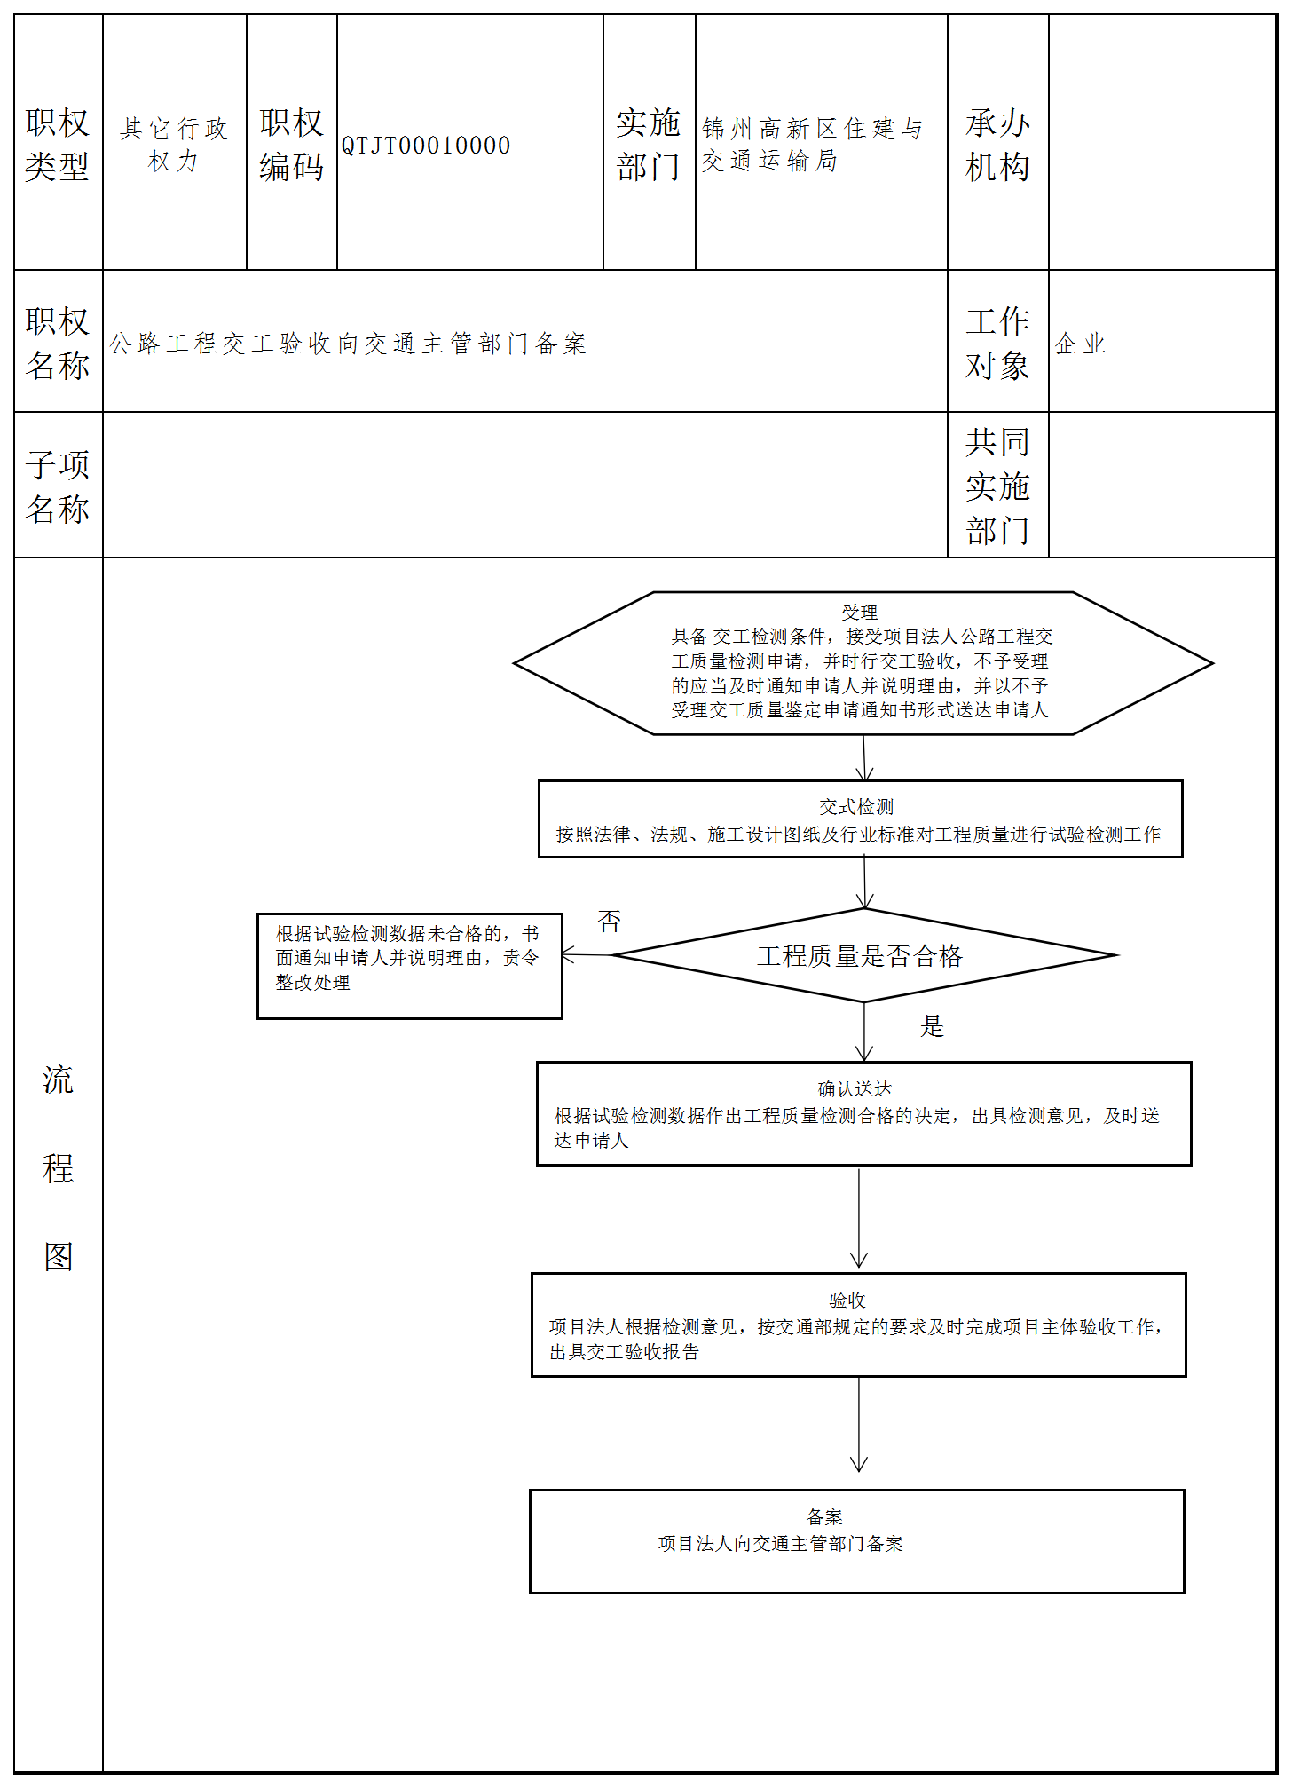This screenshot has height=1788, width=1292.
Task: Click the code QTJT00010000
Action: coord(426,146)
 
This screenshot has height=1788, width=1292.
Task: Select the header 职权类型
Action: coord(58,144)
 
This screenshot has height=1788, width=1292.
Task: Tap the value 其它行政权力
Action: coord(174,145)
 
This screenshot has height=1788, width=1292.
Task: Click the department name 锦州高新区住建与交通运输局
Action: coord(812,145)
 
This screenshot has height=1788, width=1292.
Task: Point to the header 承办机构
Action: coord(997,144)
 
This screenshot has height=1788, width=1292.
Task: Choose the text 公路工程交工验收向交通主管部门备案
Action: coord(348,344)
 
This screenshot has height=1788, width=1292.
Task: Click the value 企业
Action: coord(1080,344)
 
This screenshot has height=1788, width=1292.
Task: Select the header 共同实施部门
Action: coord(997,486)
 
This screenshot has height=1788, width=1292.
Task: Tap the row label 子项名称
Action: coord(58,487)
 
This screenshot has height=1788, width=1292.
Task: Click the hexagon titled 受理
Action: coord(862,663)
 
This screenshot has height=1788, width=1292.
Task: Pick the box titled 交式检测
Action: coord(860,819)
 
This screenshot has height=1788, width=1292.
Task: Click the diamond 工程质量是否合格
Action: coord(863,956)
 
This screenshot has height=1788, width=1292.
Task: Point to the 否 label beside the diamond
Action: coord(610,922)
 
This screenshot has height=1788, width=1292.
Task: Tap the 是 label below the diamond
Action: coord(932,1026)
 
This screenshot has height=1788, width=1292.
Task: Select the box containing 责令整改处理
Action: coord(409,966)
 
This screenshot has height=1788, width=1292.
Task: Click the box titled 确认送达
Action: coord(863,1114)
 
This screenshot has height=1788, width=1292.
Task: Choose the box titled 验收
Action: coord(858,1325)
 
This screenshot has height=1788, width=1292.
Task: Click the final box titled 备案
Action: coord(856,1542)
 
